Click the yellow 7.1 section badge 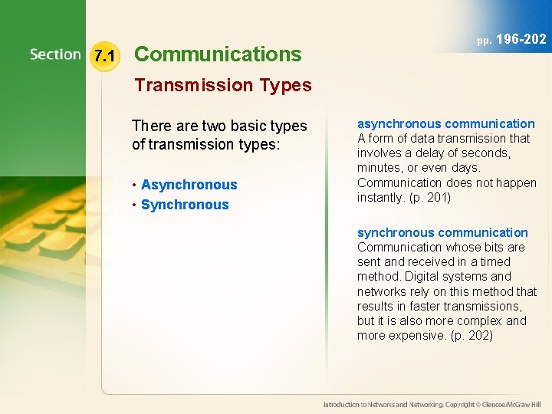(x=103, y=56)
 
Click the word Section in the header (x=55, y=54)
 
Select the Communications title (x=218, y=54)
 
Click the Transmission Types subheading (x=223, y=85)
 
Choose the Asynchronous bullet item (x=189, y=185)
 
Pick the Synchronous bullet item (x=185, y=205)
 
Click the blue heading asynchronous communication (x=445, y=123)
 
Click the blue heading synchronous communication (x=442, y=232)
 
